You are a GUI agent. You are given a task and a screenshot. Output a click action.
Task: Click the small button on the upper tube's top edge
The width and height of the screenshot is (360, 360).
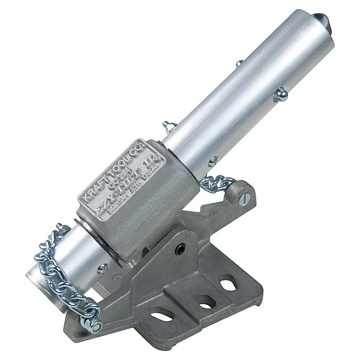coord(239,62)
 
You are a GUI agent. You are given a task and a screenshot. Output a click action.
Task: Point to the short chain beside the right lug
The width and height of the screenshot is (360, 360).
coord(217,182)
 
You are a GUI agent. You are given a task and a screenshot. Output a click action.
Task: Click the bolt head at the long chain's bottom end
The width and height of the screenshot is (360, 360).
coord(95,325)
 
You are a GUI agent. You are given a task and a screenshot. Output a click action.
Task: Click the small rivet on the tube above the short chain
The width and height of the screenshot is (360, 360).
coord(213,161)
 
